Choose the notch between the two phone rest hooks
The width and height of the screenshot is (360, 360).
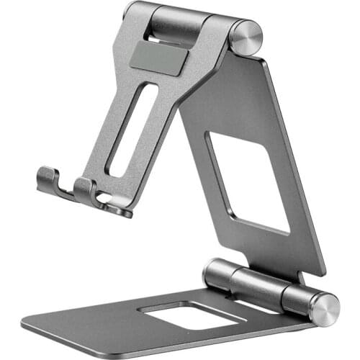[69, 189]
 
